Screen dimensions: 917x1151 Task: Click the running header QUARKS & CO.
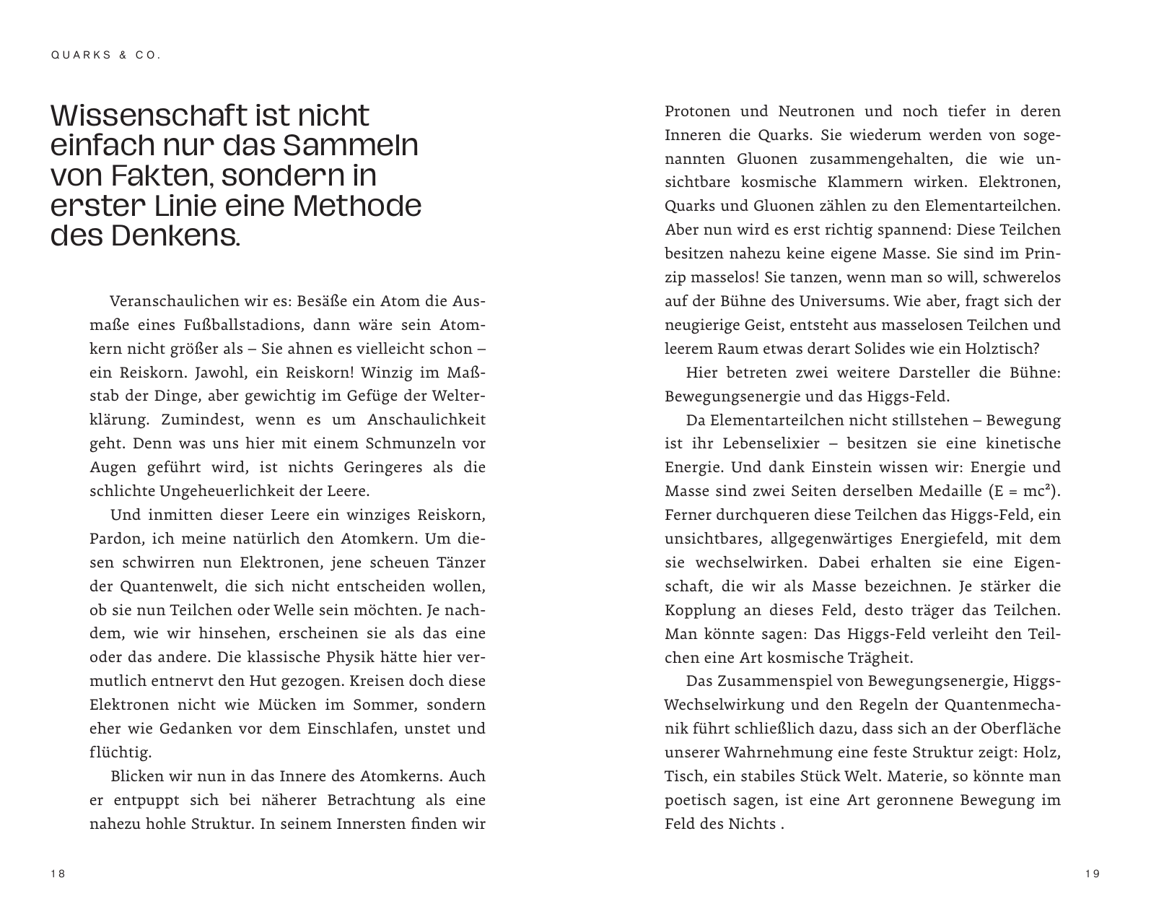[105, 56]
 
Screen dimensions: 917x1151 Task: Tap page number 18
[58, 874]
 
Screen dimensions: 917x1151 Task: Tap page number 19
[1093, 874]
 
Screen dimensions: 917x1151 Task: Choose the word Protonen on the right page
[696, 111]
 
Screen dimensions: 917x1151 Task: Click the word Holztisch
[1002, 348]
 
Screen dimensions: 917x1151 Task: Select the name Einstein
[836, 467]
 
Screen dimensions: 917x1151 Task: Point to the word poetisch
[693, 800]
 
